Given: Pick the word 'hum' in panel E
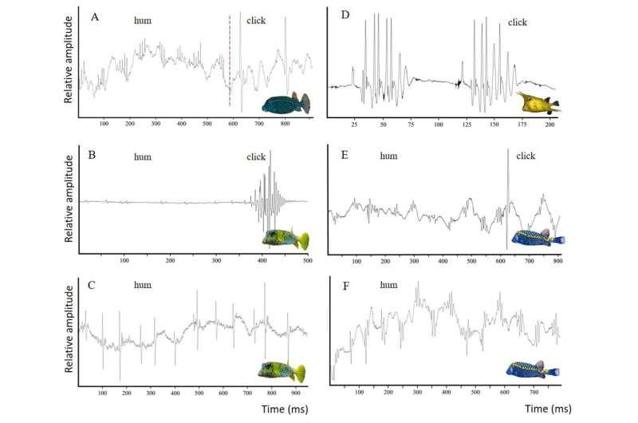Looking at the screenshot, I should pyautogui.click(x=389, y=156).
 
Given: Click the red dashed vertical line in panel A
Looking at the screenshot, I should pyautogui.click(x=230, y=60).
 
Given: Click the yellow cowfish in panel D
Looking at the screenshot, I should pyautogui.click(x=538, y=101).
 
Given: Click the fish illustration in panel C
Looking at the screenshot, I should pyautogui.click(x=282, y=370).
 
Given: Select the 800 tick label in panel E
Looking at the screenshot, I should pyautogui.click(x=557, y=262).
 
